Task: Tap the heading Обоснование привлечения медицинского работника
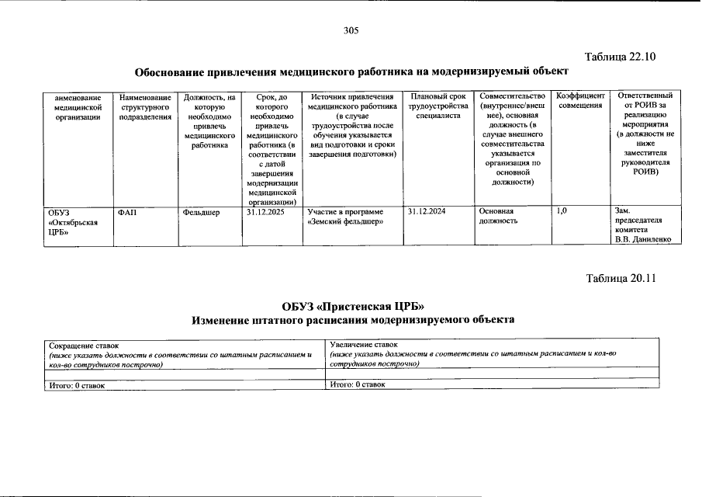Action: pyautogui.click(x=346, y=72)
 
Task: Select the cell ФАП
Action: pyautogui.click(x=127, y=211)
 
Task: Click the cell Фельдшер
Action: pyautogui.click(x=202, y=211)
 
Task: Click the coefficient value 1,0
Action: pyautogui.click(x=564, y=211)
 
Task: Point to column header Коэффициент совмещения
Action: pyautogui.click(x=581, y=101)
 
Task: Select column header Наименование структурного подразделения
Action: pyautogui.click(x=144, y=106)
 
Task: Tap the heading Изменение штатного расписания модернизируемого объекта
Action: pyautogui.click(x=353, y=320)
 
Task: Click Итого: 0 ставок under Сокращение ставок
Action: pyautogui.click(x=76, y=384)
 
